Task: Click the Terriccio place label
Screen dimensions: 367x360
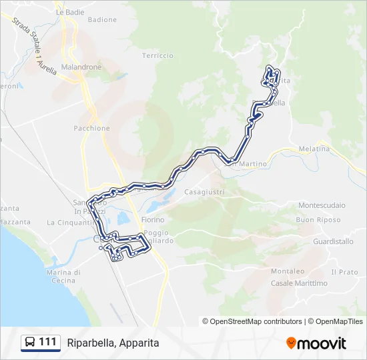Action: tap(157, 55)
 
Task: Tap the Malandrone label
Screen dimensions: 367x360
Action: tap(81, 67)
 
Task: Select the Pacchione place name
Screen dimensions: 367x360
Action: tap(91, 127)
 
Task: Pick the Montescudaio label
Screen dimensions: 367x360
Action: tap(321, 205)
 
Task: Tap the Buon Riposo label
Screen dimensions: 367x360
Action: tap(318, 219)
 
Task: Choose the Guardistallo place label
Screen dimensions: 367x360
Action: tap(332, 241)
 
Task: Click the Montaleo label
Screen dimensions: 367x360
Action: tap(288, 271)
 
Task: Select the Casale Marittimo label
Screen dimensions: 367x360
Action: tap(299, 283)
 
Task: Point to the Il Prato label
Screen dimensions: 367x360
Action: tap(344, 272)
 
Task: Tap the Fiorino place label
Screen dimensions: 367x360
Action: tap(153, 219)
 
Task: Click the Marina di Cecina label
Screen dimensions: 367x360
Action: tap(64, 276)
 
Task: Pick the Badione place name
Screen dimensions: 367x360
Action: tap(102, 20)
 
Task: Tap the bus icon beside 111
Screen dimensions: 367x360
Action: tap(30, 343)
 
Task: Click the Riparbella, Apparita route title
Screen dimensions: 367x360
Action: tap(113, 343)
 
